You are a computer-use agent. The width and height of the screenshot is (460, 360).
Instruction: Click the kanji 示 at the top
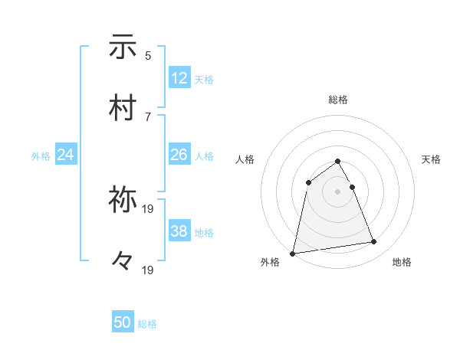click(123, 47)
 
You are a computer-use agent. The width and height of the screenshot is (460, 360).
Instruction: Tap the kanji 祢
click(123, 200)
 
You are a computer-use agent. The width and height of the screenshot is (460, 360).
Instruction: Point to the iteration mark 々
click(123, 261)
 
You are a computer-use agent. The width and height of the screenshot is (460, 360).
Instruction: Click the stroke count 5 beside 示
click(148, 55)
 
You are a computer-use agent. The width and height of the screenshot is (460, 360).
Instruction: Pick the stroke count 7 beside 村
click(148, 116)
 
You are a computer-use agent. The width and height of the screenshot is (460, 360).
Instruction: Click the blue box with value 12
click(179, 78)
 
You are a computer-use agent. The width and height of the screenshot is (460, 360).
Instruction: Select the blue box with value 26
click(179, 155)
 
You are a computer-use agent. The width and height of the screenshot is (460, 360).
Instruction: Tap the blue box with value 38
click(179, 231)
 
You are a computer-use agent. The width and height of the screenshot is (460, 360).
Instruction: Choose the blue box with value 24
click(66, 155)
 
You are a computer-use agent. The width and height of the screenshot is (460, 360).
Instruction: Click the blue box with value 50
click(123, 323)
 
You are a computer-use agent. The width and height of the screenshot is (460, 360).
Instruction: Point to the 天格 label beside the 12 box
click(204, 80)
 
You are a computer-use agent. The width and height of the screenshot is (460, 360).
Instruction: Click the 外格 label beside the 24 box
click(41, 156)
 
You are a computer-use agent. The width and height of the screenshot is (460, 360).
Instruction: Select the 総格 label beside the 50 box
click(147, 325)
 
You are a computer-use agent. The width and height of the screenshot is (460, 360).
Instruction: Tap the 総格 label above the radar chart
click(338, 100)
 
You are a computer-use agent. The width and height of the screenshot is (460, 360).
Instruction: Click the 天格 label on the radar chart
click(431, 159)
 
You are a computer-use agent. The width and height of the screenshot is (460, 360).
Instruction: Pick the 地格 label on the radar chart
click(402, 263)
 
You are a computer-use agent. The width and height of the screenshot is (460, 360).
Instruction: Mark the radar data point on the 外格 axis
click(293, 254)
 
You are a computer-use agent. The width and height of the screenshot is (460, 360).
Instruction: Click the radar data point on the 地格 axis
click(374, 242)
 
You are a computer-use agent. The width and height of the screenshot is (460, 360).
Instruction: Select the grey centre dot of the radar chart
click(338, 191)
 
